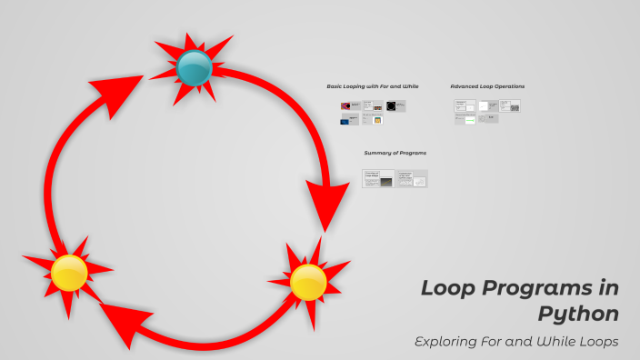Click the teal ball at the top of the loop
(194, 67)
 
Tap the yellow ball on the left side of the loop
(69, 273)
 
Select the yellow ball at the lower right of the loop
(308, 282)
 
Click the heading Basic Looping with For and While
(372, 86)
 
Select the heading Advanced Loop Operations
(487, 86)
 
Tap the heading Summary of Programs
(395, 153)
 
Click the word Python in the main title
(578, 315)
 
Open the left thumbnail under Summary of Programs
(378, 179)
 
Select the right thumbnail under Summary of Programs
(412, 179)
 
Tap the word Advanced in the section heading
(466, 86)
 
